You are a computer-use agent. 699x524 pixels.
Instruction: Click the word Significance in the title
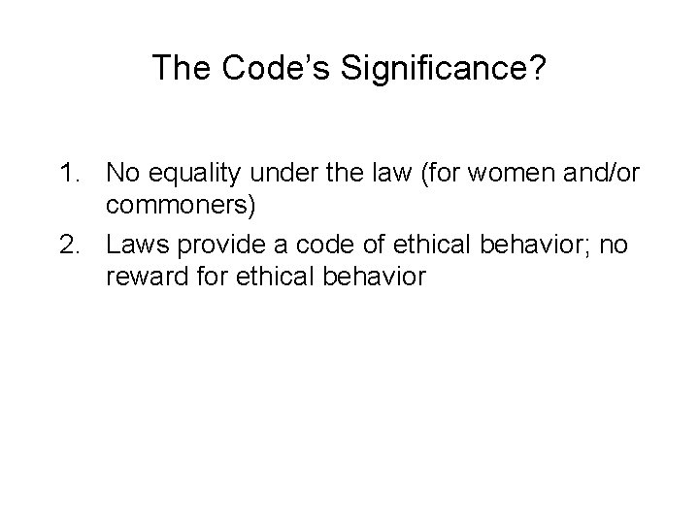tap(399, 67)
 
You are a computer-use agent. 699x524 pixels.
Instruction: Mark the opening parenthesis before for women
tap(408, 175)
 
